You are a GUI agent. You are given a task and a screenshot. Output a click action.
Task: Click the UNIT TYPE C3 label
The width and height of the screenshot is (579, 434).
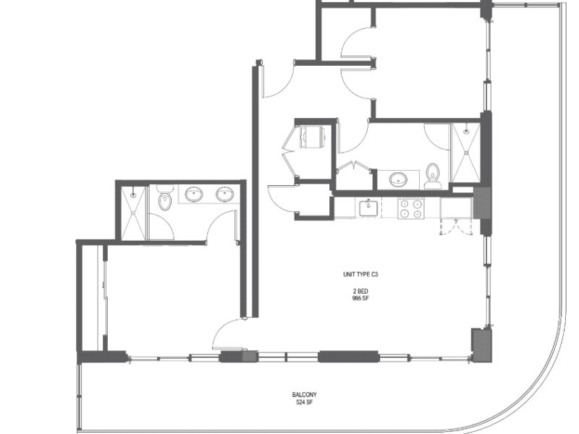click(x=360, y=274)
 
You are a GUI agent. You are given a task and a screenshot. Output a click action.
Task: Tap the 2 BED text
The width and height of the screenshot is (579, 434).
click(x=360, y=292)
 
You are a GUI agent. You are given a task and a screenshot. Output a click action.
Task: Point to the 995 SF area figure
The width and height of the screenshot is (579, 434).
click(x=360, y=298)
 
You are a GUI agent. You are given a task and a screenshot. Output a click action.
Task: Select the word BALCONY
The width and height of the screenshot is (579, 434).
click(x=304, y=394)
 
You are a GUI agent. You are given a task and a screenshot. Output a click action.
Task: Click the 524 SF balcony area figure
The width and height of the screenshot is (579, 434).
click(x=304, y=402)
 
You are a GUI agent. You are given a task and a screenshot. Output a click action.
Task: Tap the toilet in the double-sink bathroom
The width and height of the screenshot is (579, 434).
click(x=165, y=197)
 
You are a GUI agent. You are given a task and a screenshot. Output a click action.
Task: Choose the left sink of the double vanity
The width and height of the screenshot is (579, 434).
click(x=193, y=194)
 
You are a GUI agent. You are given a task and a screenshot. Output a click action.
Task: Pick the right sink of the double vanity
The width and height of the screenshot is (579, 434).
click(x=224, y=194)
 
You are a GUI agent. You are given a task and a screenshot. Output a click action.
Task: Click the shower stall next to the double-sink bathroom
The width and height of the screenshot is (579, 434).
click(x=133, y=213)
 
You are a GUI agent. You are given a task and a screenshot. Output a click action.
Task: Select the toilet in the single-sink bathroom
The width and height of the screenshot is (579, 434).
click(x=432, y=176)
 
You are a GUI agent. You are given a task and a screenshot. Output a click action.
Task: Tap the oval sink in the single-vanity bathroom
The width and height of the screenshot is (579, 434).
click(x=398, y=179)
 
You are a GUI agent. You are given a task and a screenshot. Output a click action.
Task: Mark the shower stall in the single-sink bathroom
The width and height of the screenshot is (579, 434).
click(x=466, y=153)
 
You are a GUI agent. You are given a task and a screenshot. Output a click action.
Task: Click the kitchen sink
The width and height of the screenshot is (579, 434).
click(x=368, y=208)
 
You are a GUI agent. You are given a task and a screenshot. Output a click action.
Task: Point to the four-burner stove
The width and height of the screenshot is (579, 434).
click(x=411, y=208)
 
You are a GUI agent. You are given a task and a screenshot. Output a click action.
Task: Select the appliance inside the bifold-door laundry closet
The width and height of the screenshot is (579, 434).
click(x=311, y=137)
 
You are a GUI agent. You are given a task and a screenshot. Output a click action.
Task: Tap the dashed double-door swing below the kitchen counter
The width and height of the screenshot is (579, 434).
click(x=457, y=226)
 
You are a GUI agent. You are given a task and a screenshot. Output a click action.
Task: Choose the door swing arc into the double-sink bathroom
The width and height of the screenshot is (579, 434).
click(x=221, y=226)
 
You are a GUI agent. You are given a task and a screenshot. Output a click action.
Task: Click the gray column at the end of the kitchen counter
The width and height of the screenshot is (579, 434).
click(x=482, y=203)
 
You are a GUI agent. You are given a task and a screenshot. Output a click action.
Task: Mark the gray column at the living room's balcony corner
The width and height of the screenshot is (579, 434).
click(x=481, y=346)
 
